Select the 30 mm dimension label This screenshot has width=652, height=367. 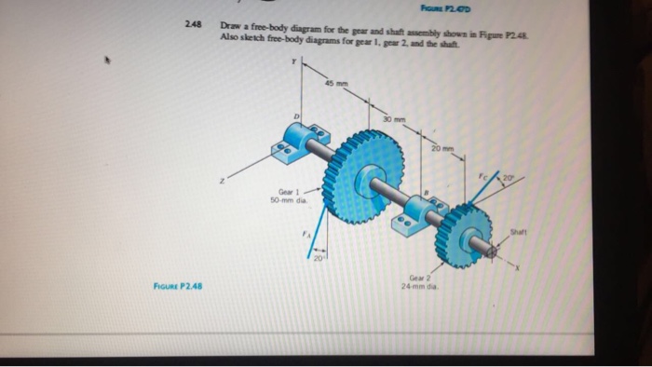click(401, 119)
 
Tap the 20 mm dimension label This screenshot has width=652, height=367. click(441, 147)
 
